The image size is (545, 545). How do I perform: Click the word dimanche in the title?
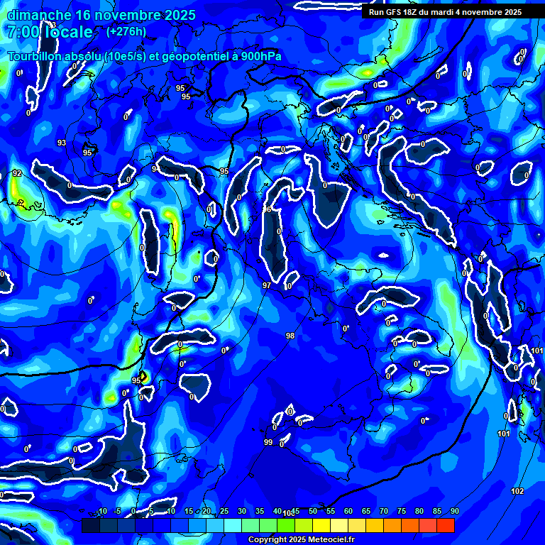tap(36, 15)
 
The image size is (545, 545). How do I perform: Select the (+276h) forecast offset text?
tap(126, 31)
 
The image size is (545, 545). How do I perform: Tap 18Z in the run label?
tap(411, 12)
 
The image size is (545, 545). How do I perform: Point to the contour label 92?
tap(17, 173)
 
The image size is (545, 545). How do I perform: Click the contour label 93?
tap(62, 143)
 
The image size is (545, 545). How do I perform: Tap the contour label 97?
tap(267, 285)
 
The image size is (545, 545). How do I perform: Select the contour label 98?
tap(290, 336)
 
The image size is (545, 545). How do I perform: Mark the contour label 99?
tap(268, 442)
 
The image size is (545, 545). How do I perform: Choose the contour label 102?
tap(517, 491)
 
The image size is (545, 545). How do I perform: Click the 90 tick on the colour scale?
tap(454, 512)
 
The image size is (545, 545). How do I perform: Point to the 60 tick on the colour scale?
tap(348, 512)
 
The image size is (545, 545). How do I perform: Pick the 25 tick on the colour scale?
tap(224, 512)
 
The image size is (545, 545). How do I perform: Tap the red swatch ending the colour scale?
tap(445, 525)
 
